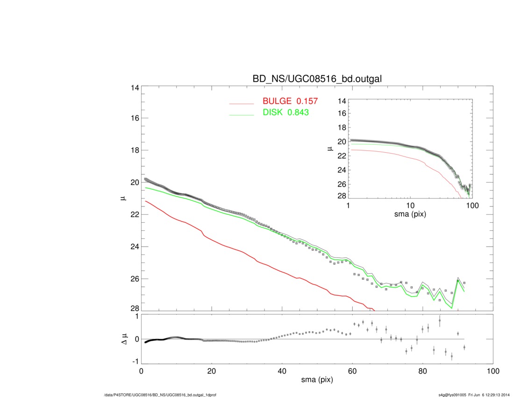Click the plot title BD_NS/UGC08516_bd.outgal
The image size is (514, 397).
pyautogui.click(x=317, y=79)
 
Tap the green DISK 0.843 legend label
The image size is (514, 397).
pyautogui.click(x=285, y=113)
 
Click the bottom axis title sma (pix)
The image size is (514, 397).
pyautogui.click(x=317, y=381)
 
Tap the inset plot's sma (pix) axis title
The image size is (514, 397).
pyautogui.click(x=410, y=215)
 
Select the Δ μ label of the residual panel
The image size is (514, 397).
pyautogui.click(x=123, y=339)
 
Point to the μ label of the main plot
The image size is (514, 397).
pyautogui.click(x=123, y=199)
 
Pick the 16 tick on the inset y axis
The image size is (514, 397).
pyautogui.click(x=341, y=113)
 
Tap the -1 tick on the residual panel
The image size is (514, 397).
pyautogui.click(x=135, y=362)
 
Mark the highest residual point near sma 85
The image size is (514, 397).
pyautogui.click(x=440, y=320)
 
